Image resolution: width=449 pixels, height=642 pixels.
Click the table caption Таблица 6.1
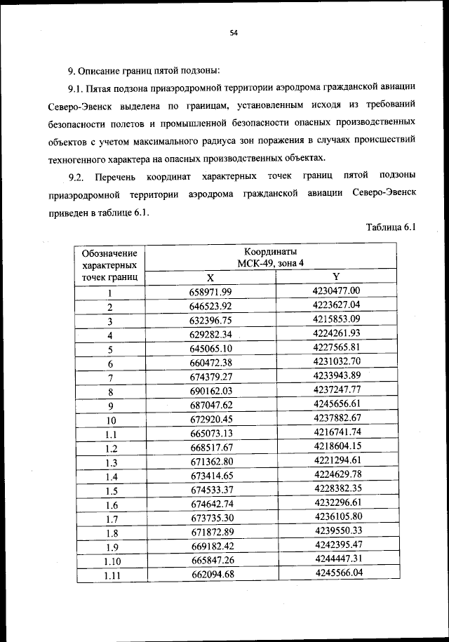tap(391, 227)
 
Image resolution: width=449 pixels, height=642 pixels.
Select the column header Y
tap(335, 276)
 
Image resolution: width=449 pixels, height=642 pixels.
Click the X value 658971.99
tap(210, 292)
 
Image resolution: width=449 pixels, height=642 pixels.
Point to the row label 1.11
tap(109, 576)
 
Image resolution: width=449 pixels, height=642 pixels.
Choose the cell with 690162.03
tap(210, 391)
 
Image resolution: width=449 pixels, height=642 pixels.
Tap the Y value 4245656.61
tap(336, 403)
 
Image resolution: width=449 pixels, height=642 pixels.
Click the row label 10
tap(110, 420)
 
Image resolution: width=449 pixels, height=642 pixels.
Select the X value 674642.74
tap(210, 504)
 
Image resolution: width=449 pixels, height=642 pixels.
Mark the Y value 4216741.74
tap(337, 432)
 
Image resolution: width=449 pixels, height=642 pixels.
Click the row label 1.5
tap(110, 491)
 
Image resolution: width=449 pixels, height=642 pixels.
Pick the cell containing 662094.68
tap(210, 575)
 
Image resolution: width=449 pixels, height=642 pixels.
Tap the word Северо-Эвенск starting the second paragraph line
tap(79, 105)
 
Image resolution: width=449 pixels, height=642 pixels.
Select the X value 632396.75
tap(210, 320)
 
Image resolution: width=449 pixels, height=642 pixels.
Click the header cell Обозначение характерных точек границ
tap(109, 265)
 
